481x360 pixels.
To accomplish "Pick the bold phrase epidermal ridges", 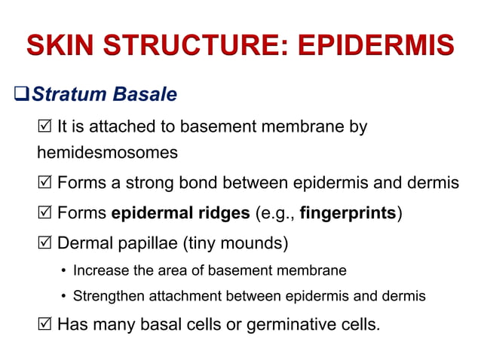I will (x=180, y=213).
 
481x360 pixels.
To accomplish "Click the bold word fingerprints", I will (x=348, y=213).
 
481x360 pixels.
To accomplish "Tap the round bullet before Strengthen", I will (x=63, y=297).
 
